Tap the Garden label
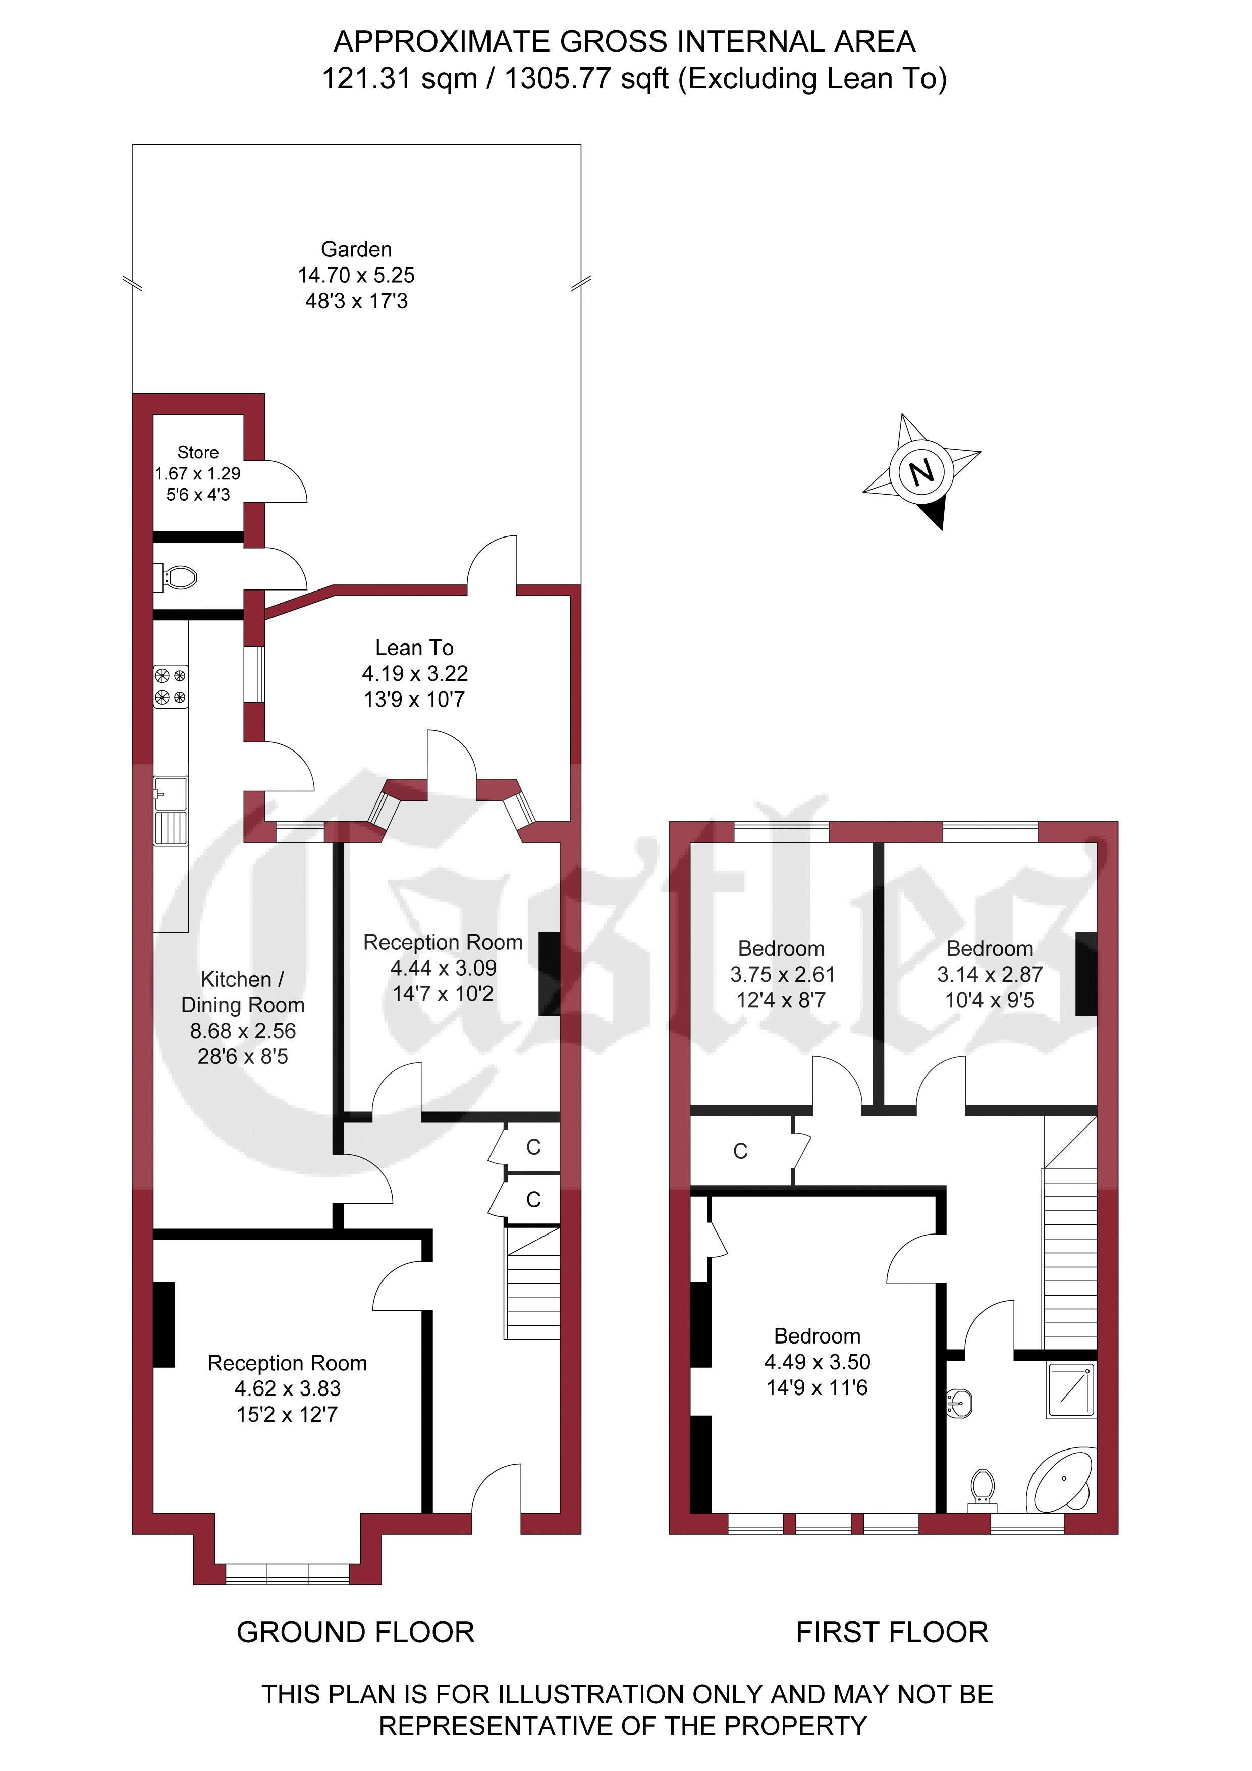pos(356,250)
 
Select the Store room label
pos(198,453)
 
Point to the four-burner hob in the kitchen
pos(171,686)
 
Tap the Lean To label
pos(414,648)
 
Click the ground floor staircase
pos(532,1283)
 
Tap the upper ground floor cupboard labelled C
pos(533,1148)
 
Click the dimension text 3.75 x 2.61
pos(782,975)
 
